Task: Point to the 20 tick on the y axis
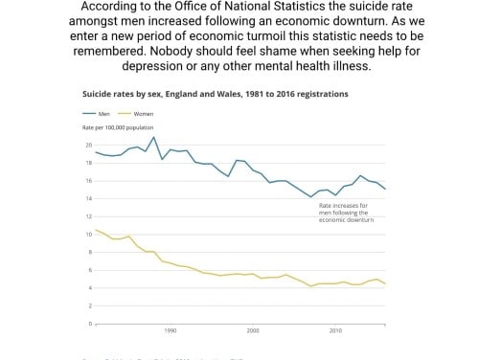pos(88,145)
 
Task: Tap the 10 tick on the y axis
pos(88,234)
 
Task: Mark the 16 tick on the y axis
pos(88,180)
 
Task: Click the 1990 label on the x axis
pos(171,330)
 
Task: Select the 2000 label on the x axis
pos(253,330)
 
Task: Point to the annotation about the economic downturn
pos(351,211)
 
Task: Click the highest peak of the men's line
pos(153,137)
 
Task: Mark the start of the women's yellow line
pos(96,230)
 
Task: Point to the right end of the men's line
pos(386,189)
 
